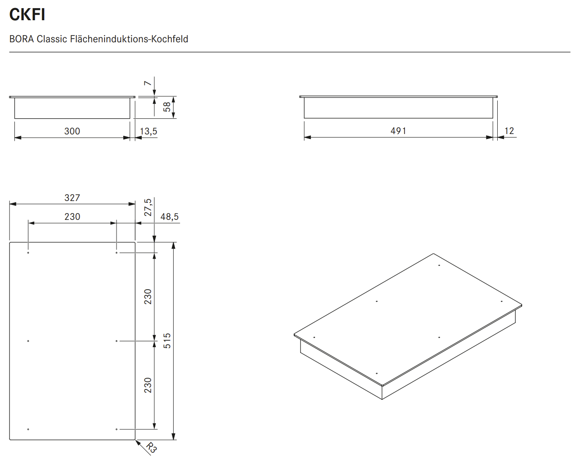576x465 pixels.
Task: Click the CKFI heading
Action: [x=27, y=15]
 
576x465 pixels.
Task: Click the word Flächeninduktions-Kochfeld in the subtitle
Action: [x=129, y=39]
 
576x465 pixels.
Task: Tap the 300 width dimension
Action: [x=72, y=131]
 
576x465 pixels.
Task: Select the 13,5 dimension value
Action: [x=148, y=131]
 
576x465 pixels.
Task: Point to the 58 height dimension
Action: [x=167, y=107]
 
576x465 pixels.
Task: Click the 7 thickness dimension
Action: [x=148, y=83]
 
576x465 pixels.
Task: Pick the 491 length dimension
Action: [x=398, y=131]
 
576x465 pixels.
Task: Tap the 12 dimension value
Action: [x=509, y=131]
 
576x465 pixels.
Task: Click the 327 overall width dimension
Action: [x=72, y=198]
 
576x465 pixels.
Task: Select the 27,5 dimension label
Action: [x=148, y=207]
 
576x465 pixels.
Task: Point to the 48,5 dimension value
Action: [x=169, y=217]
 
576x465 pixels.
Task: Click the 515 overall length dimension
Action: [x=167, y=341]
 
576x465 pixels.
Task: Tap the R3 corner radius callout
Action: [x=152, y=447]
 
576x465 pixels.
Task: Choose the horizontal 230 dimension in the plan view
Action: [x=72, y=217]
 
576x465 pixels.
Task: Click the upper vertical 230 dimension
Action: [x=148, y=297]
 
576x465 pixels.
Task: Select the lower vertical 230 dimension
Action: [x=148, y=385]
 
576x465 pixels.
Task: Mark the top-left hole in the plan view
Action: [x=28, y=253]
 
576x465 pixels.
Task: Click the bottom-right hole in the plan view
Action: [x=117, y=429]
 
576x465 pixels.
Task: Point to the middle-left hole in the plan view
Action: [x=28, y=341]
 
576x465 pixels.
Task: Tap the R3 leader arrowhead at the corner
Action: [x=137, y=442]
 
